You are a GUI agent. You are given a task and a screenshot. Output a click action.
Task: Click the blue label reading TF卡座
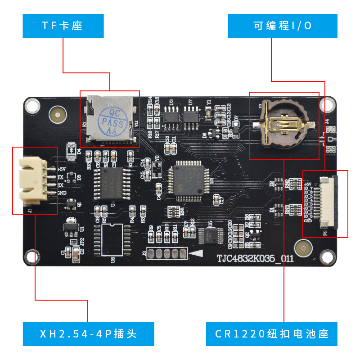[63, 26]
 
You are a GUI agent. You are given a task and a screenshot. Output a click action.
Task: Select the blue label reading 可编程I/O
[282, 26]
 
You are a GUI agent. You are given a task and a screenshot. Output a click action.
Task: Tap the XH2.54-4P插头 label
[88, 334]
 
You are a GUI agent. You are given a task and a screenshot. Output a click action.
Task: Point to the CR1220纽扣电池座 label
[271, 334]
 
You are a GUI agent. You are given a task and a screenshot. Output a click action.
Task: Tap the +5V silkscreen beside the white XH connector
[62, 169]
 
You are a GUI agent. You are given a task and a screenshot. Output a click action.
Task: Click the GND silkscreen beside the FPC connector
[308, 221]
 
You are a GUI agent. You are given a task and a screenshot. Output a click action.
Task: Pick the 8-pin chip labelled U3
[171, 117]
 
